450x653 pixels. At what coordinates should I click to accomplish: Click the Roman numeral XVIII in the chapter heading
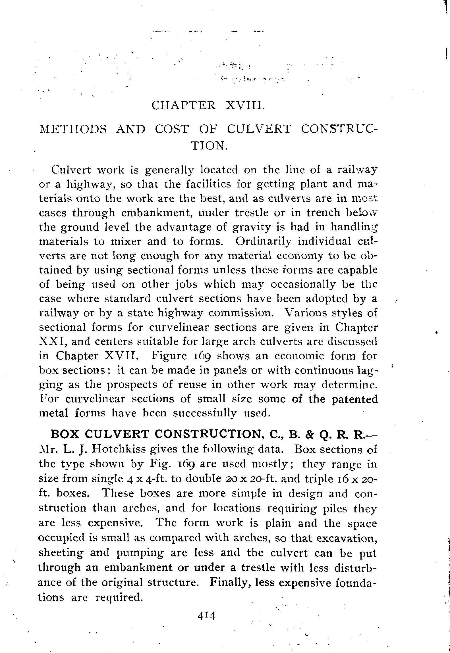point(246,106)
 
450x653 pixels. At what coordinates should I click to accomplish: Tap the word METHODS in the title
point(73,130)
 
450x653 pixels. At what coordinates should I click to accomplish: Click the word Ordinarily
point(263,242)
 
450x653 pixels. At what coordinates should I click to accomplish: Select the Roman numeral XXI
point(51,341)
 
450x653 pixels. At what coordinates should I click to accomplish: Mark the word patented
point(355,399)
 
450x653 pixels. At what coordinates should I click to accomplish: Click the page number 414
point(207,616)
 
